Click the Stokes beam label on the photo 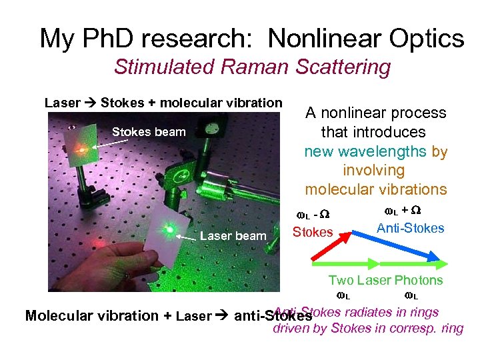coord(149,131)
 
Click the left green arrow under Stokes coord(347,263)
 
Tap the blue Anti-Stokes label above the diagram coord(410,229)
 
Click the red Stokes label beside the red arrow coord(313,232)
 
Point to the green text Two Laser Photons coord(385,280)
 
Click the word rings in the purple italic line coord(424,312)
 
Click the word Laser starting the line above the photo coord(62,103)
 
